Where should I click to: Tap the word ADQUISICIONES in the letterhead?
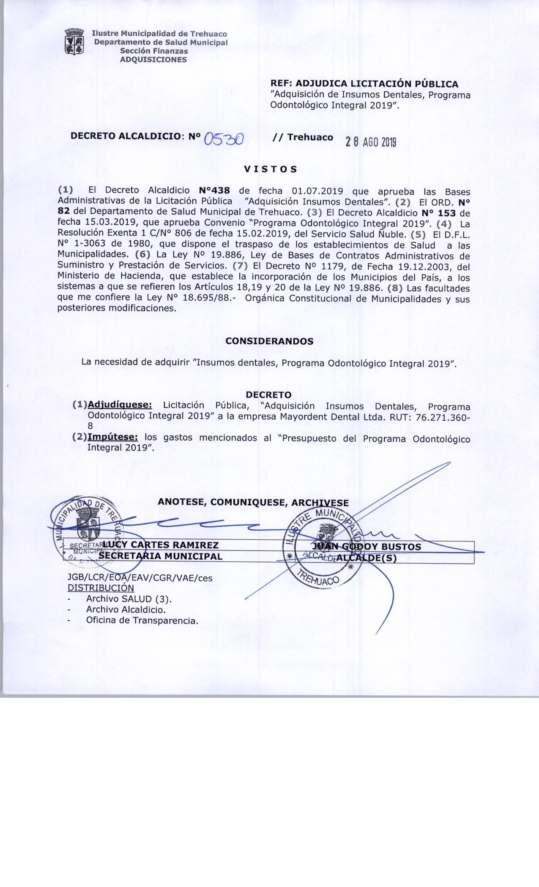(153, 60)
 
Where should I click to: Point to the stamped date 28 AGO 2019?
(371, 143)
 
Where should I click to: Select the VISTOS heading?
(271, 169)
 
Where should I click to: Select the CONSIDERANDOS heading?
(270, 341)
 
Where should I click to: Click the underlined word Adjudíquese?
(120, 405)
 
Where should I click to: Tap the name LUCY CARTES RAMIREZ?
(161, 545)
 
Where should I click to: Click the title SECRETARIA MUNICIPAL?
(161, 556)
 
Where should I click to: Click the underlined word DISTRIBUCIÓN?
(101, 588)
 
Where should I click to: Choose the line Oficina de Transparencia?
(142, 620)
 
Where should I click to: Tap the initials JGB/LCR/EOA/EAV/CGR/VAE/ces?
(140, 578)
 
